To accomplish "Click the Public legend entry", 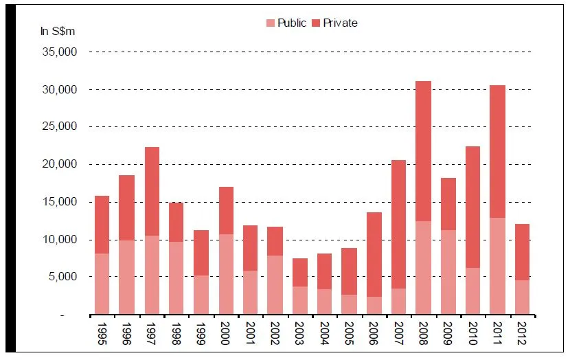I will point(286,23).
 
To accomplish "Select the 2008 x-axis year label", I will point(424,333).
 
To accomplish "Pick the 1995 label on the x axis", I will point(102,333).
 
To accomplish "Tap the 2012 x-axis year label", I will point(523,333).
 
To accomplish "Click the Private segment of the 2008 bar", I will point(424,151).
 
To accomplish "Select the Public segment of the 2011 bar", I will point(498,266).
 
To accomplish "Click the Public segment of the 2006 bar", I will point(374,305).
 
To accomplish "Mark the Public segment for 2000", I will point(226,274).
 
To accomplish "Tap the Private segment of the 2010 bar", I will point(473,207).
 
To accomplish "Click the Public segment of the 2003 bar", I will point(300,300).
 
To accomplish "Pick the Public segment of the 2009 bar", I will point(448,272).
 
